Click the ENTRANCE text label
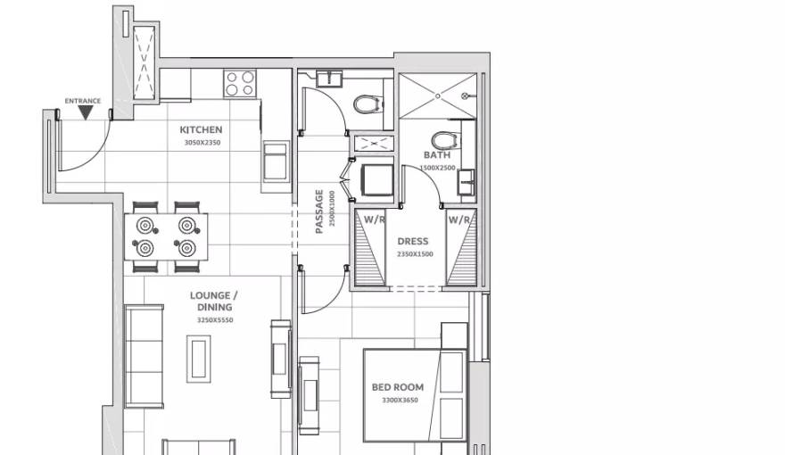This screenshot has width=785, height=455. click(82, 101)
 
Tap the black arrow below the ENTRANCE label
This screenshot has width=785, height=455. click(82, 112)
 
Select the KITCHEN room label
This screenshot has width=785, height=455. click(200, 129)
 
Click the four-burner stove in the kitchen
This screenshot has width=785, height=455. click(238, 84)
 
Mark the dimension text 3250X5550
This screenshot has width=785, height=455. click(214, 319)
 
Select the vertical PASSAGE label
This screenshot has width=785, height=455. click(319, 212)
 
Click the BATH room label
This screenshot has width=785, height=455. click(436, 155)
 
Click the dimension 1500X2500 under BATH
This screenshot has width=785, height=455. click(437, 168)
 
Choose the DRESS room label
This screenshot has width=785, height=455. click(413, 241)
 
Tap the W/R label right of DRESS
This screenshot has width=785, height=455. click(459, 219)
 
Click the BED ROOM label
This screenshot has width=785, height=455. click(398, 387)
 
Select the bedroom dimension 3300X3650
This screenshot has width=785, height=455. click(399, 401)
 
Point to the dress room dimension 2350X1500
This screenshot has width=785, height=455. click(414, 254)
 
